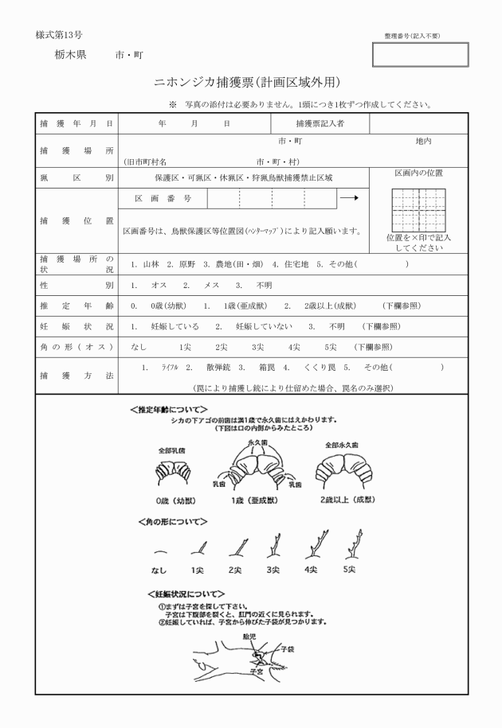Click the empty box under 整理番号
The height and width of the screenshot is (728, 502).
[420, 54]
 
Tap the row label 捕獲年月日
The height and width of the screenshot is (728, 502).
[76, 124]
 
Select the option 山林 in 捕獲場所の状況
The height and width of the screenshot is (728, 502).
[150, 264]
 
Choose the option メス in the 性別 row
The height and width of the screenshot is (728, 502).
[211, 285]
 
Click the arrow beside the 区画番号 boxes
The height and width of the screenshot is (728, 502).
[348, 198]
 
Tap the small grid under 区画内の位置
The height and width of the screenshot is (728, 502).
[418, 208]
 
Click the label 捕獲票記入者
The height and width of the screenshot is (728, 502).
[320, 124]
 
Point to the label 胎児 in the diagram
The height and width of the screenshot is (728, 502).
[249, 637]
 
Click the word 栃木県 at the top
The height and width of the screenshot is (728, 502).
[71, 55]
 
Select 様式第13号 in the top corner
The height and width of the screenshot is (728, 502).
[59, 36]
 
